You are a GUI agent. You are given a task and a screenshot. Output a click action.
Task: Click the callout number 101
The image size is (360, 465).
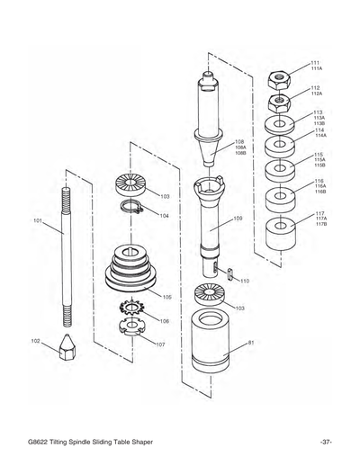pos(38,220)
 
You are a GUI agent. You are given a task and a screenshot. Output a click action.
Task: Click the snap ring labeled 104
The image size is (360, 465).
pos(135,211)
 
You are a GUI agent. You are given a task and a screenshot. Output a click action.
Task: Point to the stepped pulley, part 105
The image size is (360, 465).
pos(134,267)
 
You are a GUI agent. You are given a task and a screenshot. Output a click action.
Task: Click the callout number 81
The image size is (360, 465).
pos(251,343)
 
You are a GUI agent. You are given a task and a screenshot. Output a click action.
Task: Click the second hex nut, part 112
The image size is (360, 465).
pos(281,99)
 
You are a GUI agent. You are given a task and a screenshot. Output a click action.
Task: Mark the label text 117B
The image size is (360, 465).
pos(321,224)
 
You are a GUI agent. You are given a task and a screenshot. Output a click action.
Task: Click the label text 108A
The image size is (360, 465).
pos(240,148)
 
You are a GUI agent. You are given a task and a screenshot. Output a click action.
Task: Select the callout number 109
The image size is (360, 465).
pos(238,219)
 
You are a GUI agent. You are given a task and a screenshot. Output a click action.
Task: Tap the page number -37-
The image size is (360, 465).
pos(326,442)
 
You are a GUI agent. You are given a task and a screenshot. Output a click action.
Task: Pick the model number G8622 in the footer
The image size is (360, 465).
pos(40,442)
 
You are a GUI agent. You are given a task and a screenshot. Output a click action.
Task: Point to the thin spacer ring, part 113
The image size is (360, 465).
pos(281,122)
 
